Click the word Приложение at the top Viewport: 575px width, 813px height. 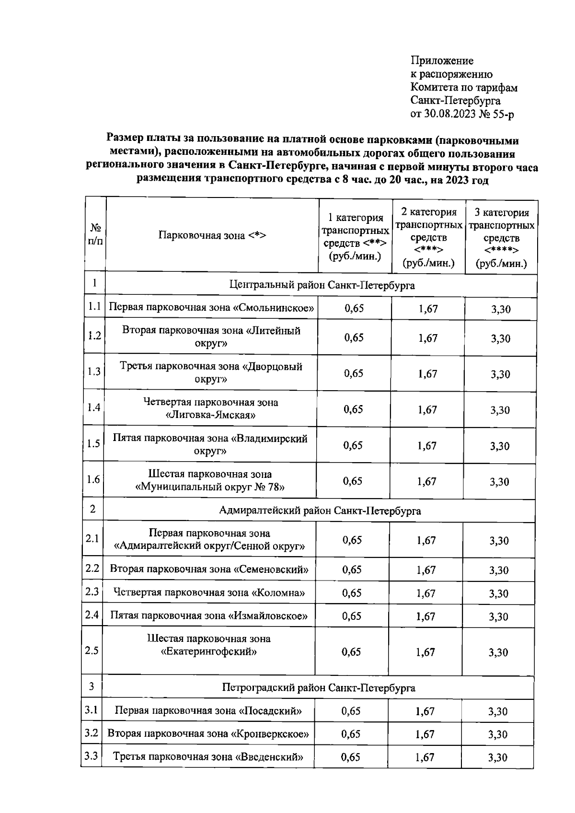pyautogui.click(x=442, y=60)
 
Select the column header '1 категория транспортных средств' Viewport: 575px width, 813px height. pyautogui.click(x=355, y=237)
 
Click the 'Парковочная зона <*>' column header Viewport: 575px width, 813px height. pyautogui.click(x=212, y=235)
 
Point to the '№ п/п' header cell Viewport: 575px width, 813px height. pyautogui.click(x=95, y=234)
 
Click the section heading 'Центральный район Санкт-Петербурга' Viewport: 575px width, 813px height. pyautogui.click(x=322, y=285)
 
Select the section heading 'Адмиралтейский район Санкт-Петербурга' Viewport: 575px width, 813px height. pyautogui.click(x=320, y=511)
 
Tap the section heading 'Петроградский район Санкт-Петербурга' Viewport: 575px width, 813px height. pyautogui.click(x=319, y=688)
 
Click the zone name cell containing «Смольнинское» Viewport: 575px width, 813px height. pyautogui.click(x=211, y=308)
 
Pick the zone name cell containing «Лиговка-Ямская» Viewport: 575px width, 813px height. pyautogui.click(x=210, y=408)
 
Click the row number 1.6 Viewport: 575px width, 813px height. pyautogui.click(x=93, y=480)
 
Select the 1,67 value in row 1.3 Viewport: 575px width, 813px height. pyautogui.click(x=427, y=374)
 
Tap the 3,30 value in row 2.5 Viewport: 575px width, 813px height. pyautogui.click(x=498, y=652)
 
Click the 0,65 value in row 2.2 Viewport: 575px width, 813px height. pyautogui.click(x=352, y=569)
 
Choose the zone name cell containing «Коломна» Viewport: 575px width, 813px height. pyautogui.click(x=209, y=593)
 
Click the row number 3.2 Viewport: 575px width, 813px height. pyautogui.click(x=91, y=733)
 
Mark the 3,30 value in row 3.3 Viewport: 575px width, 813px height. pyautogui.click(x=497, y=758)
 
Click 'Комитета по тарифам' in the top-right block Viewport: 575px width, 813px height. pyautogui.click(x=464, y=87)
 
